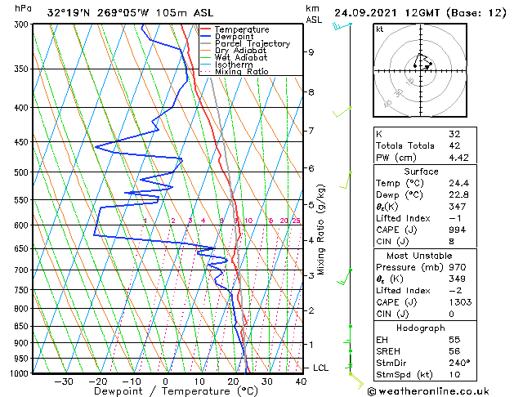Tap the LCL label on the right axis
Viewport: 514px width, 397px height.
coord(322,368)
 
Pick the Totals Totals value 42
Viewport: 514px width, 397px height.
coord(454,145)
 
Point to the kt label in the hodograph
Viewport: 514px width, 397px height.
coord(380,29)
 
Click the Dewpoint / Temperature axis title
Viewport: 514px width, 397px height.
coord(164,391)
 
